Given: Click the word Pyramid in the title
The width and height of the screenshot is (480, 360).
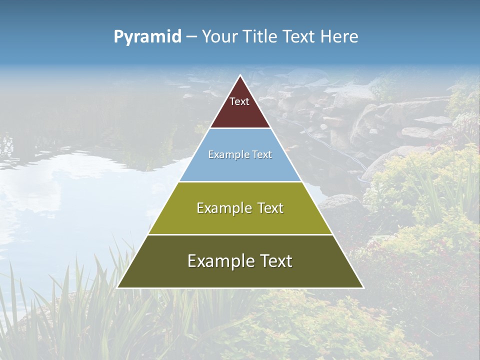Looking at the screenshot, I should (x=147, y=37).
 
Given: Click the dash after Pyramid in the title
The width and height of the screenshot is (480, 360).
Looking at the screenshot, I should (x=191, y=37).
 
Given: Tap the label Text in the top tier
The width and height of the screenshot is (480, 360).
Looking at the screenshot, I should (x=239, y=101).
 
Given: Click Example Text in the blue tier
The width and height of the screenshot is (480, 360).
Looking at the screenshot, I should (x=240, y=154).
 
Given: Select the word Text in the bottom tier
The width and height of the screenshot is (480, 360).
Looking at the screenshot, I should (x=275, y=261).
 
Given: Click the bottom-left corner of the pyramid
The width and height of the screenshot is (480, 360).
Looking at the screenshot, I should (x=117, y=287).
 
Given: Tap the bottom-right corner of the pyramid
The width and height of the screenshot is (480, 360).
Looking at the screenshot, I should (x=363, y=287).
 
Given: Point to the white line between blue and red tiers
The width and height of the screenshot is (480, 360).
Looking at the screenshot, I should (x=240, y=128).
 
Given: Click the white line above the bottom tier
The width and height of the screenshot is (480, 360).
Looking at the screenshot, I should (x=240, y=234).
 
